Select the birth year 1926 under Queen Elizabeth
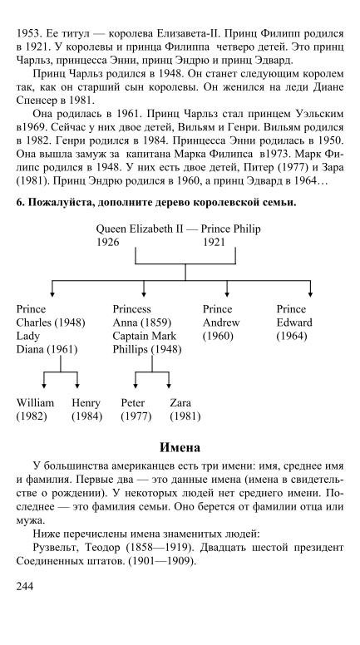(x=108, y=242)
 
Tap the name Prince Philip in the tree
(x=231, y=229)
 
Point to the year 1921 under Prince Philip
(x=214, y=242)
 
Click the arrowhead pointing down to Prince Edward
(x=310, y=294)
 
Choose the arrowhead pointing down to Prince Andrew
(x=227, y=294)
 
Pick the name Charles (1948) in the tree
(x=51, y=322)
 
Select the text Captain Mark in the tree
(x=145, y=336)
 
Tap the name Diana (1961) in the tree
(x=47, y=350)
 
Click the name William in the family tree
(x=35, y=403)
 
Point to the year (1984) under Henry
(x=86, y=416)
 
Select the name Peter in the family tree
(x=132, y=403)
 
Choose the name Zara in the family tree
(x=180, y=403)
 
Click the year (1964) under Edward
(x=292, y=336)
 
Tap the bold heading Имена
(x=180, y=447)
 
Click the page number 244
(x=25, y=586)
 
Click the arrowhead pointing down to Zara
(x=168, y=386)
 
